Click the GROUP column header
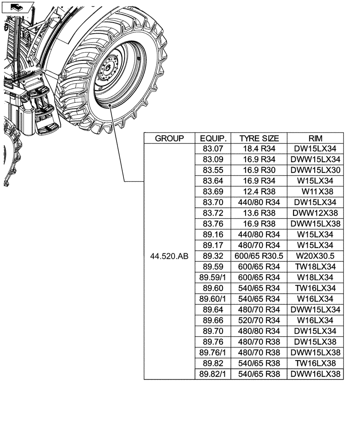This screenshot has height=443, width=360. [169, 138]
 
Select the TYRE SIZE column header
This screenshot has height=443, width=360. [259, 138]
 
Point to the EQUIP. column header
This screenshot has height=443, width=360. [213, 138]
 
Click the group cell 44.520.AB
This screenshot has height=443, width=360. [169, 256]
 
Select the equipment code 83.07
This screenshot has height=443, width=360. [213, 149]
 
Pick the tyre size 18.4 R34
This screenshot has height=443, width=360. [259, 149]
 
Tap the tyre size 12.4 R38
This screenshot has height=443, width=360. [259, 192]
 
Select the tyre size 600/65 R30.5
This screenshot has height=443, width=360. [259, 256]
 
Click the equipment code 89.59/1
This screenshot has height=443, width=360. [213, 278]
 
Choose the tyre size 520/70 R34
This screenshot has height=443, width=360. [259, 320]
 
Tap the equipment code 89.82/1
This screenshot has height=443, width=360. [213, 374]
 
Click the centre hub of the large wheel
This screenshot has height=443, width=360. [108, 70]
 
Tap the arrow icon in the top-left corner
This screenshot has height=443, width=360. [17, 7]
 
